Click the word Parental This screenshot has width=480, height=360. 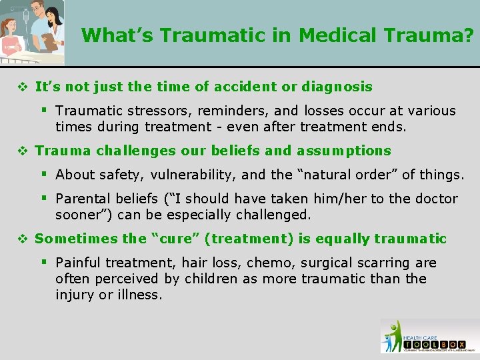pos(81,199)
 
